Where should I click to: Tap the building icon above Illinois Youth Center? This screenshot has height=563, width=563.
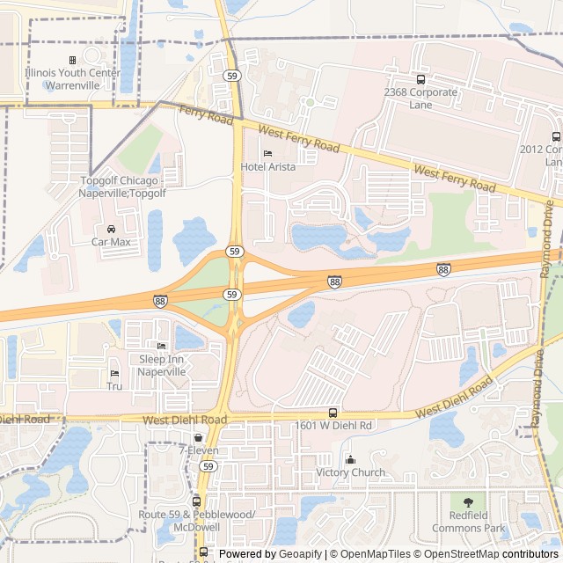click(72, 61)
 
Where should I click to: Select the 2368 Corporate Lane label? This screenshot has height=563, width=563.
click(420, 98)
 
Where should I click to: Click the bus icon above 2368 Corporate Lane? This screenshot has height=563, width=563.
click(420, 79)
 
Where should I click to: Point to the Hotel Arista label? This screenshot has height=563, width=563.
click(267, 165)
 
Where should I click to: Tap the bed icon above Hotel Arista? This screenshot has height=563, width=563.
click(267, 153)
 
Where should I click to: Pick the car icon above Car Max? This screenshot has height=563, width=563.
click(111, 229)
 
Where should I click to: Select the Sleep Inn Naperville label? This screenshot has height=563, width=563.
click(162, 365)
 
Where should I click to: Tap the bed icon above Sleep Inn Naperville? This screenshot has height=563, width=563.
click(161, 346)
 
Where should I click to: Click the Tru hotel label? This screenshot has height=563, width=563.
click(114, 386)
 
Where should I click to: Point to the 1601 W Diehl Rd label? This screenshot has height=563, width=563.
click(333, 426)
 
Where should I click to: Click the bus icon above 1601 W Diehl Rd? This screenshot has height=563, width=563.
click(333, 413)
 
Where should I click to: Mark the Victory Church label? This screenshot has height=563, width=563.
click(350, 472)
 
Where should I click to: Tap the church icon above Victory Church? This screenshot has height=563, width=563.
click(350, 459)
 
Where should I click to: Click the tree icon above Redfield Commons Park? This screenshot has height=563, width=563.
click(467, 501)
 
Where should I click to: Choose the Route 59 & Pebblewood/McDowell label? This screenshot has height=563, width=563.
click(197, 519)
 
